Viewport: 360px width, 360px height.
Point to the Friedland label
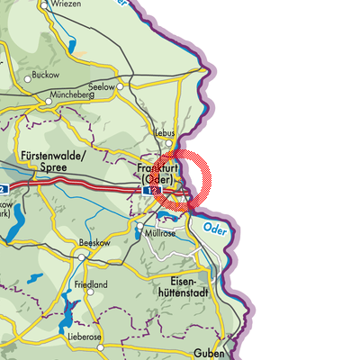pos(91,285)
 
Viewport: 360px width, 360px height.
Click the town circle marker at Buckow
pos(26,78)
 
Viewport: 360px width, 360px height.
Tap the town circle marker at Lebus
pos(167,141)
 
